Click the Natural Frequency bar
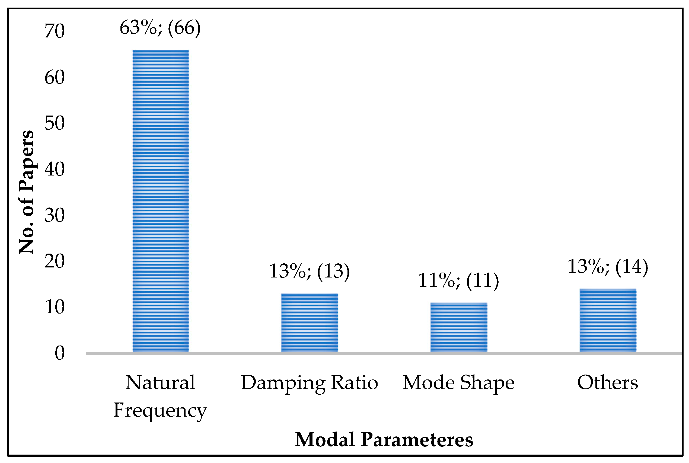[x=160, y=201]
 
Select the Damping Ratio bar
[x=309, y=322]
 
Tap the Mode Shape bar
[x=458, y=327]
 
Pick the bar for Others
[x=608, y=320]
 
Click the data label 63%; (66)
[x=160, y=28]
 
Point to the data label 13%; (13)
[x=309, y=271]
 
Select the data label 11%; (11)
[x=458, y=280]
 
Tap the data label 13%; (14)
[x=608, y=266]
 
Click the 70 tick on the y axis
[x=54, y=31]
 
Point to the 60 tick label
[x=54, y=77]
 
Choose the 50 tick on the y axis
[x=54, y=123]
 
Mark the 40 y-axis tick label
[x=54, y=170]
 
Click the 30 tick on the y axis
[x=54, y=215]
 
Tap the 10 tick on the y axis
[x=54, y=307]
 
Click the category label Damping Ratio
[x=309, y=383]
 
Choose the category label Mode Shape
[x=458, y=383]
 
